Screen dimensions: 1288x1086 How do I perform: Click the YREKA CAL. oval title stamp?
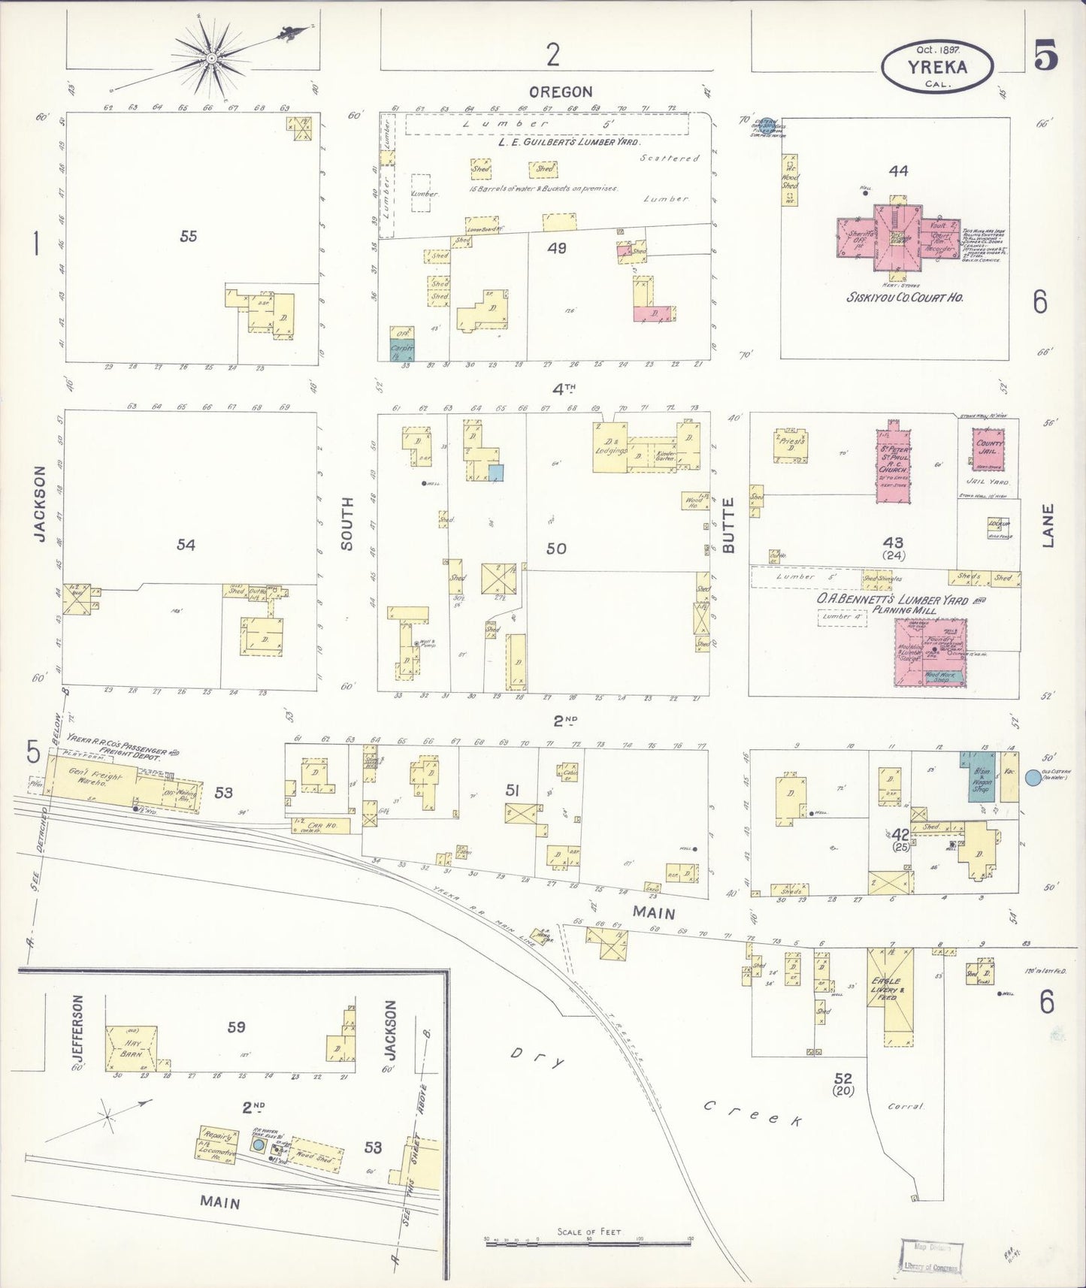pos(936,67)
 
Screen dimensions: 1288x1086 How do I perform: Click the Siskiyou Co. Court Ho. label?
pos(905,297)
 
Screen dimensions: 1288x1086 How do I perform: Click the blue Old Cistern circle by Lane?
pos(1033,778)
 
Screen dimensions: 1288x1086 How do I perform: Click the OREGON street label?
pos(560,92)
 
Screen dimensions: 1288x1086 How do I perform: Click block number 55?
pos(188,236)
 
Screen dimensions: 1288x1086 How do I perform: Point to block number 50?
pos(556,549)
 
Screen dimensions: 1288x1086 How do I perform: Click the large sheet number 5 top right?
pos(1045,56)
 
